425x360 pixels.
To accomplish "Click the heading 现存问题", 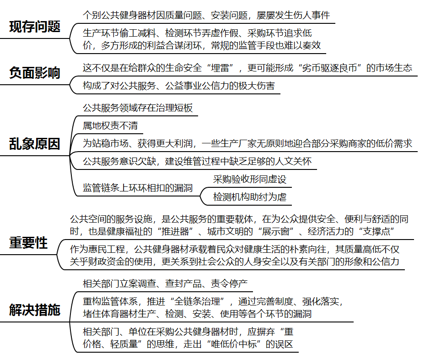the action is [35, 27].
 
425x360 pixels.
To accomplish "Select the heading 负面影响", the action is [35, 73].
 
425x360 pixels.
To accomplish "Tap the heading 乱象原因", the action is [35, 144].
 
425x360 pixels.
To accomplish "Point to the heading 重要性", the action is [28, 243].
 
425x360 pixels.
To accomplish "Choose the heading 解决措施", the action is [35, 310].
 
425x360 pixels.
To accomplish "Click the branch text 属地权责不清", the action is [110, 125].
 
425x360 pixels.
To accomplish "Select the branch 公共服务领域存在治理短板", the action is [138, 108].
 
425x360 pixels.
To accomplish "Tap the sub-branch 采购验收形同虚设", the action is [250, 179].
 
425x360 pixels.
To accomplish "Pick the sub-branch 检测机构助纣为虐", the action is [250, 196].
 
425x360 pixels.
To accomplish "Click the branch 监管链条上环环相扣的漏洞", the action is [138, 188].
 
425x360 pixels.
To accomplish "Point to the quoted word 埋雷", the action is [220, 68].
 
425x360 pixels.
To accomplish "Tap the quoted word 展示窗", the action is [276, 231].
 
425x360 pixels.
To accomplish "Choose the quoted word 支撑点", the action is [376, 231].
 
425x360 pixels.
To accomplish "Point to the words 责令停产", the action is [229, 284].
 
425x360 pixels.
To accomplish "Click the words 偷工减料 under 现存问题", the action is [138, 33].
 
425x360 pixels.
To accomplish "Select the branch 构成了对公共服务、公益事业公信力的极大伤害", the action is [179, 86].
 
